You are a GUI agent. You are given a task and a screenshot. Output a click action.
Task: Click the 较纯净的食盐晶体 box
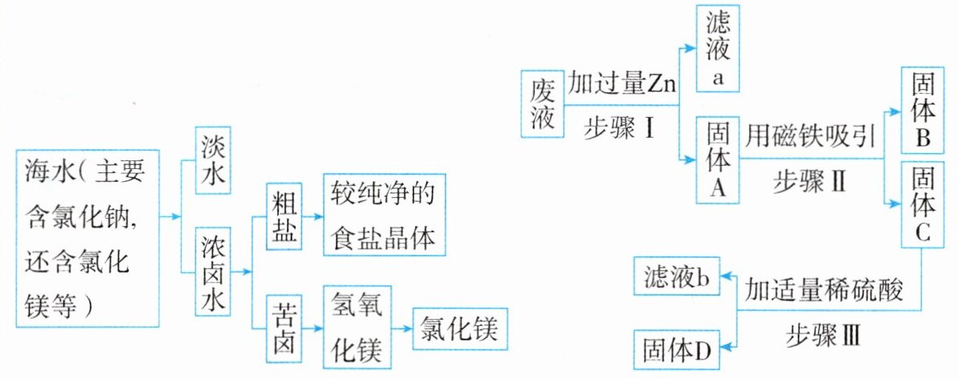click(384, 214)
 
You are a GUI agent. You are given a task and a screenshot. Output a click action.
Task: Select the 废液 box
click(541, 105)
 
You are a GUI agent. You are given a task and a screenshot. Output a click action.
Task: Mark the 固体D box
click(676, 349)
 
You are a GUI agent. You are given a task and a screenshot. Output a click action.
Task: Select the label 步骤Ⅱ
click(809, 183)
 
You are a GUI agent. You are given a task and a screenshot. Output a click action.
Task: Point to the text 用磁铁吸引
click(809, 135)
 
